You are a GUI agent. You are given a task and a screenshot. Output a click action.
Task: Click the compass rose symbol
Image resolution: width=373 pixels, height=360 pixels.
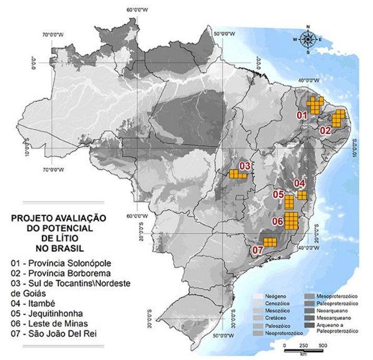(308, 39)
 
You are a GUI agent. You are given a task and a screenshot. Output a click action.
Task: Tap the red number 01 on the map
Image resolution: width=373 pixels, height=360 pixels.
(301, 115)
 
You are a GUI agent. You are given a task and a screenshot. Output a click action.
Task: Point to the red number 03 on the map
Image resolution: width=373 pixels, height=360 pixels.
(245, 166)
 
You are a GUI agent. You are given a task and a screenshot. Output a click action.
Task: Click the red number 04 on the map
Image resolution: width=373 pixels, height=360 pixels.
(299, 183)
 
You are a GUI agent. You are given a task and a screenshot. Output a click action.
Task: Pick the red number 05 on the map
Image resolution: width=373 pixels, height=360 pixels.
(278, 194)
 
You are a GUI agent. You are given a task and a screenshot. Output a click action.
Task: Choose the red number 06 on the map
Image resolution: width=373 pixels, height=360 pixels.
(278, 222)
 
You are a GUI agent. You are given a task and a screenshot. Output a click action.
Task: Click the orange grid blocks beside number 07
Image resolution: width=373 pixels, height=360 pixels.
(270, 242)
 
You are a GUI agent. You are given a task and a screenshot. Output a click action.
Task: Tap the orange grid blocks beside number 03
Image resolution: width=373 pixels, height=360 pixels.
(237, 174)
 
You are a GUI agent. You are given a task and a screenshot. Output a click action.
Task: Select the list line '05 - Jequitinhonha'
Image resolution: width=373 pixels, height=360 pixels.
(50, 313)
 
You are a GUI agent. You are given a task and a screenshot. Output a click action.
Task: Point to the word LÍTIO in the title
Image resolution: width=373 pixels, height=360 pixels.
(59, 238)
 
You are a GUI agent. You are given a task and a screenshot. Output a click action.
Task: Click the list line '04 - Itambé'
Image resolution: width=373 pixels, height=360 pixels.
(37, 303)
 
